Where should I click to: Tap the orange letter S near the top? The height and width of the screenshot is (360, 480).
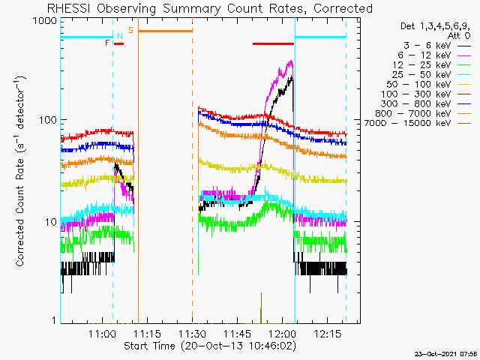click(130, 30)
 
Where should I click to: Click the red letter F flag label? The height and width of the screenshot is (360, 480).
click(108, 43)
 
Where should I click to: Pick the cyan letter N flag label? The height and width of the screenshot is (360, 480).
click(119, 35)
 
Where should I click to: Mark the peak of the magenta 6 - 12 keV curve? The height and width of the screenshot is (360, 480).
click(290, 61)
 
